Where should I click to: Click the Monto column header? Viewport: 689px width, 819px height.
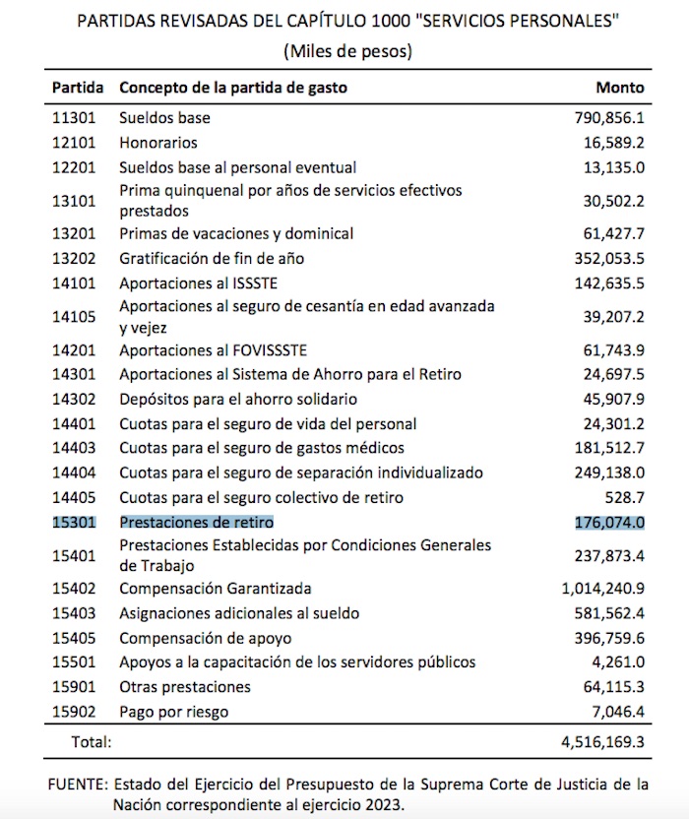point(619,88)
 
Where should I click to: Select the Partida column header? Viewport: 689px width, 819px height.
point(78,88)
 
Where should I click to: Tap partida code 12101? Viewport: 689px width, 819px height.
point(75,143)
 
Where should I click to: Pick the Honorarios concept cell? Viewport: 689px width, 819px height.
point(158,143)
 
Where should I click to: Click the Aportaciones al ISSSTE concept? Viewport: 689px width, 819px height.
point(187,284)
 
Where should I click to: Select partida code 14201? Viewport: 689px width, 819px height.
point(75,349)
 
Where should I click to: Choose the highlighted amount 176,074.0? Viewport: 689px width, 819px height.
point(609,522)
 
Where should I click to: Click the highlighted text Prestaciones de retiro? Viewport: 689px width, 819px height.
point(196,522)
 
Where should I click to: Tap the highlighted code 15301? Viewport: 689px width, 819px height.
point(75,522)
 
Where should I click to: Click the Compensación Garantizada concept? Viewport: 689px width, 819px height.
point(216,589)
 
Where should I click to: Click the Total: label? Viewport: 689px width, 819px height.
point(90,740)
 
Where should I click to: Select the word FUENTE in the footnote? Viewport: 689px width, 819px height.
point(77,785)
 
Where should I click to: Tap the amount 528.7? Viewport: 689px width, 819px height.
point(625,497)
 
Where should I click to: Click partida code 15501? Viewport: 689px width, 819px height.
point(75,661)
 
